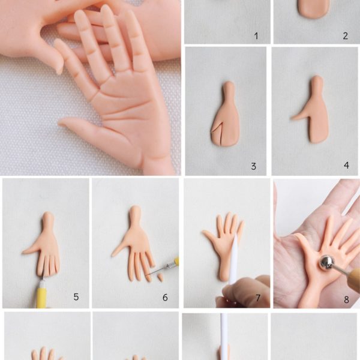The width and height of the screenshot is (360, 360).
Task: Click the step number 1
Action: point(256,36)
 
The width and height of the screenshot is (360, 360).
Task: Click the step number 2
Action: point(346,36)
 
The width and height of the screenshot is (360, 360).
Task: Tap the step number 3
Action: point(253,166)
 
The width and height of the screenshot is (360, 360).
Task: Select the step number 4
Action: point(346,166)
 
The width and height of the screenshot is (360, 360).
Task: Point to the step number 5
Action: point(76,297)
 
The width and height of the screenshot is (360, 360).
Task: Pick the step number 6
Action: point(165,298)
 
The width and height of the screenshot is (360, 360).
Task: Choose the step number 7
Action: point(258,298)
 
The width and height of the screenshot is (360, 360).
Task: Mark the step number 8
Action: point(346,299)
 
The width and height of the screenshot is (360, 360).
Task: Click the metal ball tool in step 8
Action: point(326,262)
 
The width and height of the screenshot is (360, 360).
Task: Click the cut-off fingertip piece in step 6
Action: point(161,278)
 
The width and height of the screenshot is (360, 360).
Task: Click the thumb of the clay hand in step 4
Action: point(299,117)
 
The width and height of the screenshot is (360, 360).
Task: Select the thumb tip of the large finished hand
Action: point(60,122)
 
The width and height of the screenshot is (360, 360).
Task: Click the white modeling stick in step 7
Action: point(233,259)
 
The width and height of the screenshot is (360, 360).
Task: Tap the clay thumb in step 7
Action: point(210,237)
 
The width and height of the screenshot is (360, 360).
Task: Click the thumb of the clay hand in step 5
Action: point(31,251)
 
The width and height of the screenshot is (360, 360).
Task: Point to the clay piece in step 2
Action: point(314,9)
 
